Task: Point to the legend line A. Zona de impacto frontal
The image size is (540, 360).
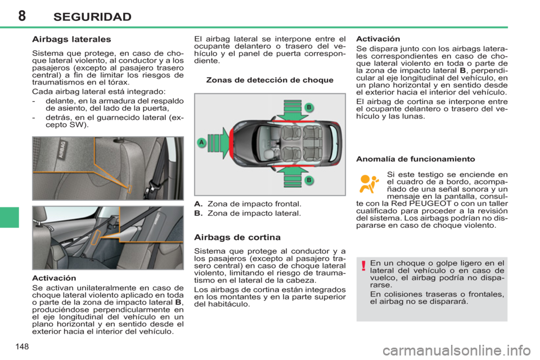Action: (247, 204)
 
